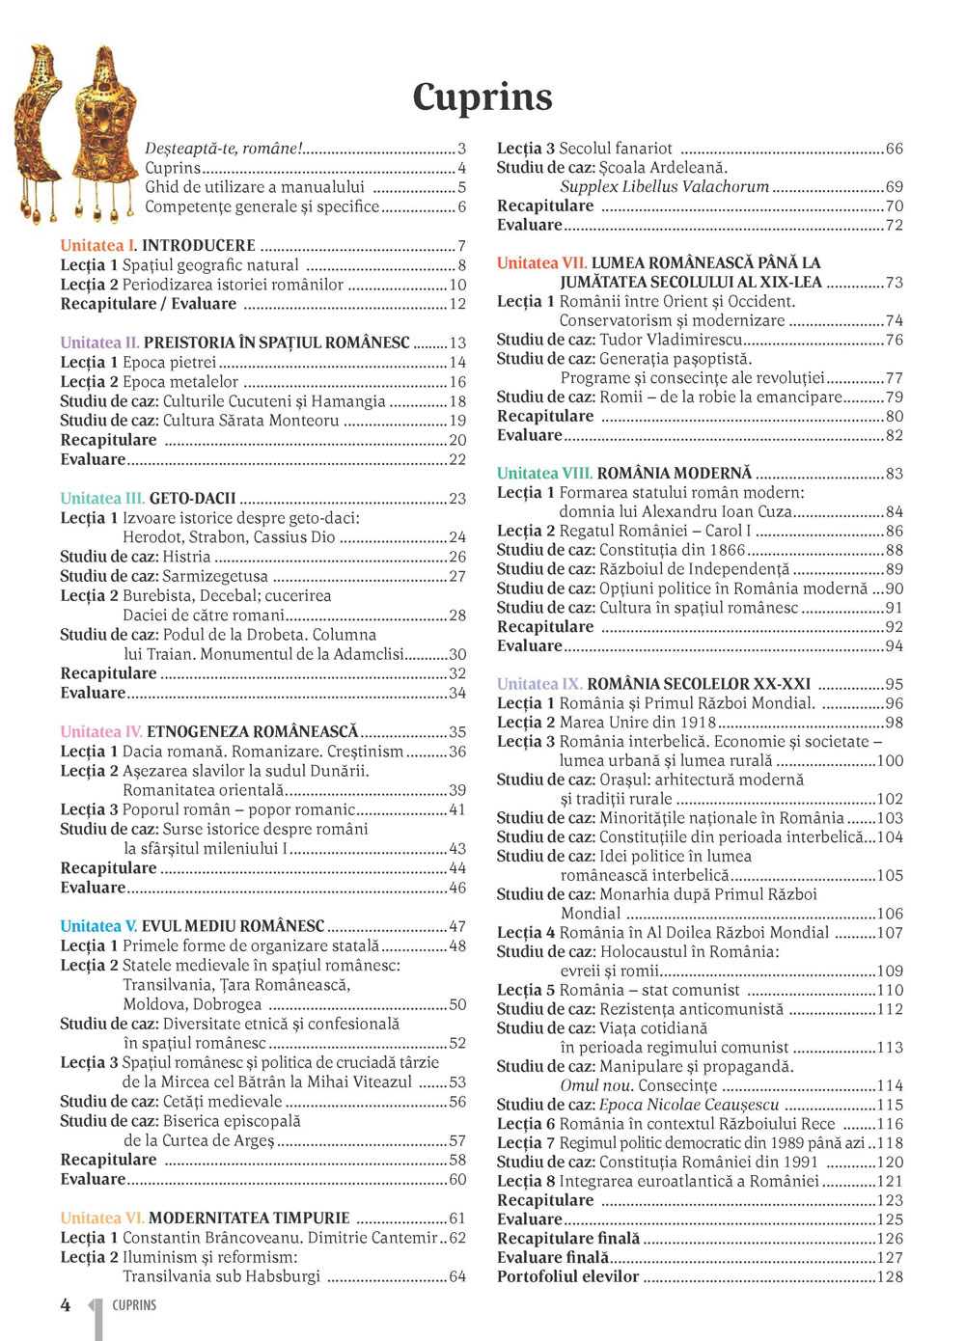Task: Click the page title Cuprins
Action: point(482,96)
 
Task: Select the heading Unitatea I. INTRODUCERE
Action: point(158,246)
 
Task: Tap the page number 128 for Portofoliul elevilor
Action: point(890,1276)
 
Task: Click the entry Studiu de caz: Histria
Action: point(135,557)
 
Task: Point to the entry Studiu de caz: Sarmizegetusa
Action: point(164,576)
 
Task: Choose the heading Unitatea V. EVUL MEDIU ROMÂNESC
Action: point(192,926)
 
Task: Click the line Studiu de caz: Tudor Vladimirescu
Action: point(620,340)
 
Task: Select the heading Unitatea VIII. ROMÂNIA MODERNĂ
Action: point(624,473)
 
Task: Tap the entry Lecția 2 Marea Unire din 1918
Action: point(606,723)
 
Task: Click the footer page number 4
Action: point(66,1305)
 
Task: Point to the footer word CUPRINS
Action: point(134,1305)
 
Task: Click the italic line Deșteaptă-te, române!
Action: point(224,149)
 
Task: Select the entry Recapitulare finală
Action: point(568,1238)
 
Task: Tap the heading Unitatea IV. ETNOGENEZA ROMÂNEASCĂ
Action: point(209,731)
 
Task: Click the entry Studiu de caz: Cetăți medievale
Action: point(172,1101)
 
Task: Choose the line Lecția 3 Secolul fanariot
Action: point(585,149)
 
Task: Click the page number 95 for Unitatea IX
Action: point(894,684)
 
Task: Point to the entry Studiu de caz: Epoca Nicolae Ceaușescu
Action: point(638,1105)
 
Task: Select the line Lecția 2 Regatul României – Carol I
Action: point(624,531)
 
